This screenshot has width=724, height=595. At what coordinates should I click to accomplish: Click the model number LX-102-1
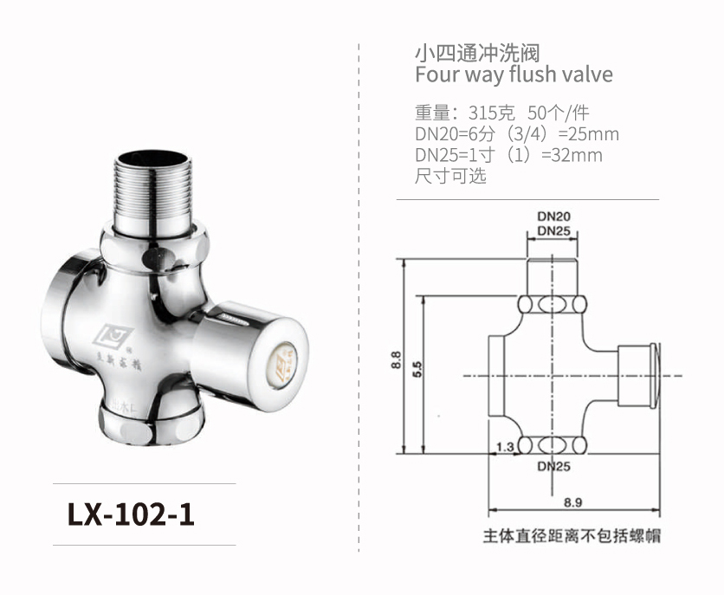pos(131,514)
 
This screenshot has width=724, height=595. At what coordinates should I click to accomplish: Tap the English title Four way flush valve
pos(514,74)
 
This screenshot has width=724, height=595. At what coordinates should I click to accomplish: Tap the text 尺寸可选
pos(450,177)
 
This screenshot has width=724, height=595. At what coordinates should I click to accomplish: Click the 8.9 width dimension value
pos(572,501)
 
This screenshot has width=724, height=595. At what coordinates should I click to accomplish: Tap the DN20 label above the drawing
pos(553,216)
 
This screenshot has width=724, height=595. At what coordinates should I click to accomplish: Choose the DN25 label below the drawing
pos(553,466)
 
